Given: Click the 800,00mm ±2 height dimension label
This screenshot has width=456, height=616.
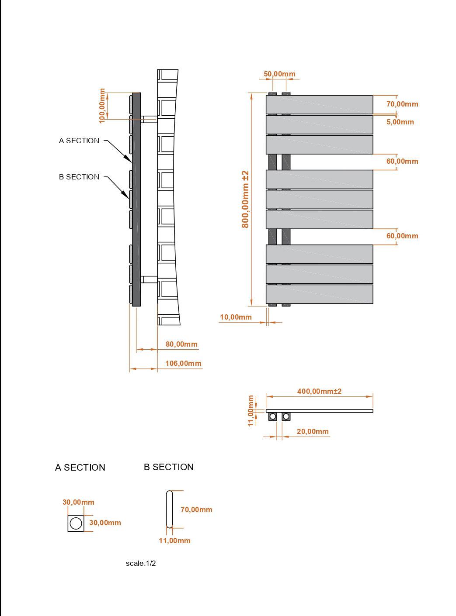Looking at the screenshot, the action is [x=245, y=199].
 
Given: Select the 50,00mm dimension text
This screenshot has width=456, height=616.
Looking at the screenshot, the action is [x=279, y=74].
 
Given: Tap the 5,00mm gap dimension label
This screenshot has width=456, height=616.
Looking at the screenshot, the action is [x=400, y=122].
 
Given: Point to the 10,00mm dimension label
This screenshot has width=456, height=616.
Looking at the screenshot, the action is [x=236, y=317].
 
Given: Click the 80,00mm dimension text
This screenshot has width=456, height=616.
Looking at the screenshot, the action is [x=181, y=344].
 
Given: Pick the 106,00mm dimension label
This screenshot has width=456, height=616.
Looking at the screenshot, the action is [x=183, y=363].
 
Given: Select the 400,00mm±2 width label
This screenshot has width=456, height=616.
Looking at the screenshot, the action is [x=319, y=391].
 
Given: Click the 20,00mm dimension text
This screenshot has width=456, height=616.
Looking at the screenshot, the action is [x=313, y=431].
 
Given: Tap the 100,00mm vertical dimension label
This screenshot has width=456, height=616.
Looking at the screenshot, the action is [x=102, y=106].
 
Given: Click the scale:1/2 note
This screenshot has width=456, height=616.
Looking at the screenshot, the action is [x=140, y=563].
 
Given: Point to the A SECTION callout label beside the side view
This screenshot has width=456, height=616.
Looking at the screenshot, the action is [x=79, y=141].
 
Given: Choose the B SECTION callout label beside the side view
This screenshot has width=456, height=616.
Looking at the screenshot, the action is [x=79, y=177].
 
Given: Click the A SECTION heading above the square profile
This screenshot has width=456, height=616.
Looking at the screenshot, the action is [x=80, y=468].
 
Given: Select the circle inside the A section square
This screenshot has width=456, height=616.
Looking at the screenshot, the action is [x=76, y=523].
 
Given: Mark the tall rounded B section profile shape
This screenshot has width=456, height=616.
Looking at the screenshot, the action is [x=169, y=509].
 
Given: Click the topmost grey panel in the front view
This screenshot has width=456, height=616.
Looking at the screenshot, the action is [x=319, y=104].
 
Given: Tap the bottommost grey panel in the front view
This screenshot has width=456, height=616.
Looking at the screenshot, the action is [x=319, y=294].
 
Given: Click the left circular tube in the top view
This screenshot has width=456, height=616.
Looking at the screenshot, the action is [x=273, y=416].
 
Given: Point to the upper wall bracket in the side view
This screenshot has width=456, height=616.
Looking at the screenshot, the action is [x=149, y=120].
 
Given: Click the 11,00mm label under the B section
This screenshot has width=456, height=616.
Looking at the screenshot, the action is [x=174, y=540].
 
